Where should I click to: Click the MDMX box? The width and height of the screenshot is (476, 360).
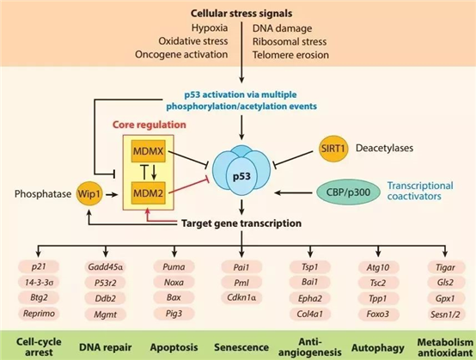(148, 151)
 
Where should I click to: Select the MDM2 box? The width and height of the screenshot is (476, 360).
(148, 193)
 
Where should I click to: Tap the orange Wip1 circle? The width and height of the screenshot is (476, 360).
(89, 193)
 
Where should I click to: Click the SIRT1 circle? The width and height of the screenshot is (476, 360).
(333, 149)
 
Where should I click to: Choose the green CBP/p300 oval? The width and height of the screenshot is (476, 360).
(348, 192)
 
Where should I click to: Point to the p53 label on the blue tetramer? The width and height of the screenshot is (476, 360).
(241, 176)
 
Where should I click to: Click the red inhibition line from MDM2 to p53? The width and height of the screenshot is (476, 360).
(188, 186)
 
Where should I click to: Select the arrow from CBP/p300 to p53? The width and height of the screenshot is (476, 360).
(293, 192)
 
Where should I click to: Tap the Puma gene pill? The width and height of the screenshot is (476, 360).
(174, 267)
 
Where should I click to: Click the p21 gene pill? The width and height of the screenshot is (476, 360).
(39, 267)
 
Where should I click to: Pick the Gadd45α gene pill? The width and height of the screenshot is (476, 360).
(106, 267)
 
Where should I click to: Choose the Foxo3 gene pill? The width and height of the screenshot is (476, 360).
(378, 314)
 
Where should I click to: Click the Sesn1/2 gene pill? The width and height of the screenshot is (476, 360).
(445, 314)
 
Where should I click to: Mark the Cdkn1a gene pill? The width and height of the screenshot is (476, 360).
(241, 298)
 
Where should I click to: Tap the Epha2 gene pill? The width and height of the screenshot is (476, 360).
(309, 298)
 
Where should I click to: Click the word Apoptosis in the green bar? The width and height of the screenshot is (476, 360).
(174, 347)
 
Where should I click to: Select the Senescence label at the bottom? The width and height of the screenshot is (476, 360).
(241, 347)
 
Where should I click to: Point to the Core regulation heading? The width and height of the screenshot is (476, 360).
(149, 125)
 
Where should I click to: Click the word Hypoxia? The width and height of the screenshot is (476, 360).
(210, 28)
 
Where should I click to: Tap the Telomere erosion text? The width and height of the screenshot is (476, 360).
(290, 55)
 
